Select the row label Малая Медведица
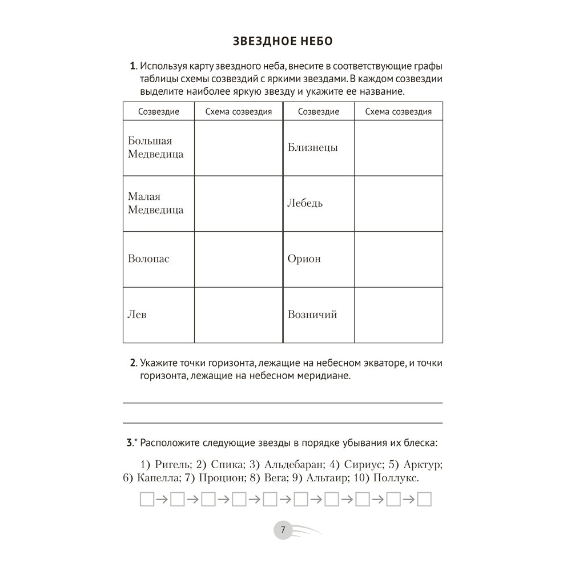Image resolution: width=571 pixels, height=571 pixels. click(156, 203)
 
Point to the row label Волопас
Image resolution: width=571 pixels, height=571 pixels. click(148, 259)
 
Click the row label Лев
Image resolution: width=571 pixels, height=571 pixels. click(138, 314)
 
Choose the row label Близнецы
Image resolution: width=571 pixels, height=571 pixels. click(312, 147)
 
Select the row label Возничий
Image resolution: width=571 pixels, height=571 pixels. click(312, 314)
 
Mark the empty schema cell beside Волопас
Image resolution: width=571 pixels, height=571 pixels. click(238, 259)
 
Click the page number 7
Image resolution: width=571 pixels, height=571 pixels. click(282, 530)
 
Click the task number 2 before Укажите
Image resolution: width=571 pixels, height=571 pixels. click(133, 363)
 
